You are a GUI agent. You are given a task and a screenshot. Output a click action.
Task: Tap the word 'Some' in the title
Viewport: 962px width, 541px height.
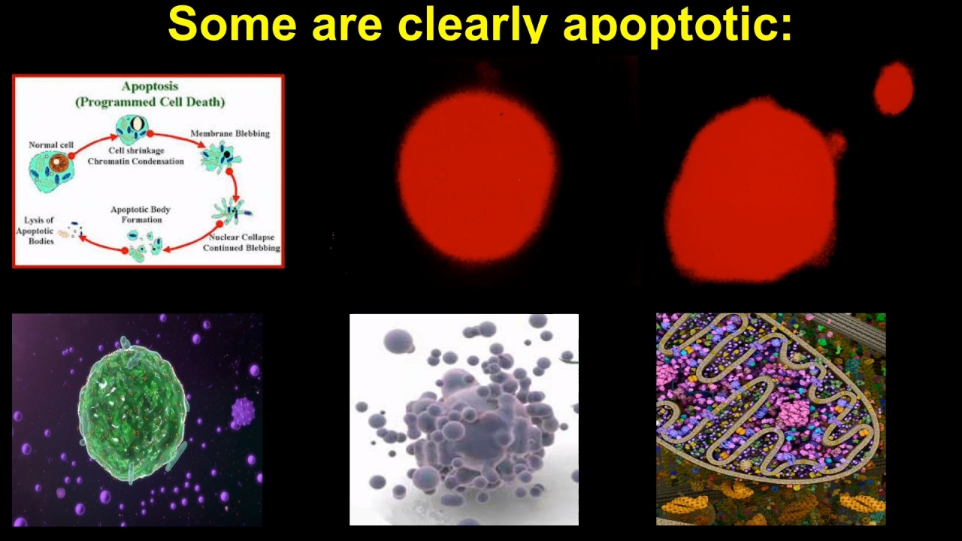[232, 23]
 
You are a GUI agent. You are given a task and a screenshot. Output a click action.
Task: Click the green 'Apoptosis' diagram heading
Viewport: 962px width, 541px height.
[150, 86]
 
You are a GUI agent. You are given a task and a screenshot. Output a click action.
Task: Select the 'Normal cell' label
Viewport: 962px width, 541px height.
[51, 145]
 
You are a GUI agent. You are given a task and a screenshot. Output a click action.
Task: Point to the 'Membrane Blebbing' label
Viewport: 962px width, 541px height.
[230, 134]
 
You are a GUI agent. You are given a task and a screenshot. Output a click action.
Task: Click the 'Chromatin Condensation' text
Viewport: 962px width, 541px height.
[136, 162]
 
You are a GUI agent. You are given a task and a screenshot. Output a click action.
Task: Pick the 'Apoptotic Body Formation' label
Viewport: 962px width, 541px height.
[141, 214]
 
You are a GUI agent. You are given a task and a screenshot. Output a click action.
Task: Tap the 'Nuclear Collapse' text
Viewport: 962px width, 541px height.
[241, 237]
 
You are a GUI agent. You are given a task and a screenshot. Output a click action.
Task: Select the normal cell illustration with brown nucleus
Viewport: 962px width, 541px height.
[51, 171]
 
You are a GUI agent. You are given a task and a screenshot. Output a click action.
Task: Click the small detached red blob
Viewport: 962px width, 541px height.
[894, 89]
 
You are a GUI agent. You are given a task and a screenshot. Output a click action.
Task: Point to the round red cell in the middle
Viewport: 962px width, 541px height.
[477, 176]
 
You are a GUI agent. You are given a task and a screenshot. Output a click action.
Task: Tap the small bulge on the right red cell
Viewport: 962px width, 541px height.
[836, 144]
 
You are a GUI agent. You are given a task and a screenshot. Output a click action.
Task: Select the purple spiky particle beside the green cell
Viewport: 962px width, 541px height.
[243, 413]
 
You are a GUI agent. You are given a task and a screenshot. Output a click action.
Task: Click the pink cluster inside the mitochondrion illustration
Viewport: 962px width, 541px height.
[792, 416]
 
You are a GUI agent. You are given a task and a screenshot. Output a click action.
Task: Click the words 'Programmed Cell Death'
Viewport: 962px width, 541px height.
[150, 102]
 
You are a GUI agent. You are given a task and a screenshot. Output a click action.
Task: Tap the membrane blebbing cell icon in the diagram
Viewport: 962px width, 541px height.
[220, 157]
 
